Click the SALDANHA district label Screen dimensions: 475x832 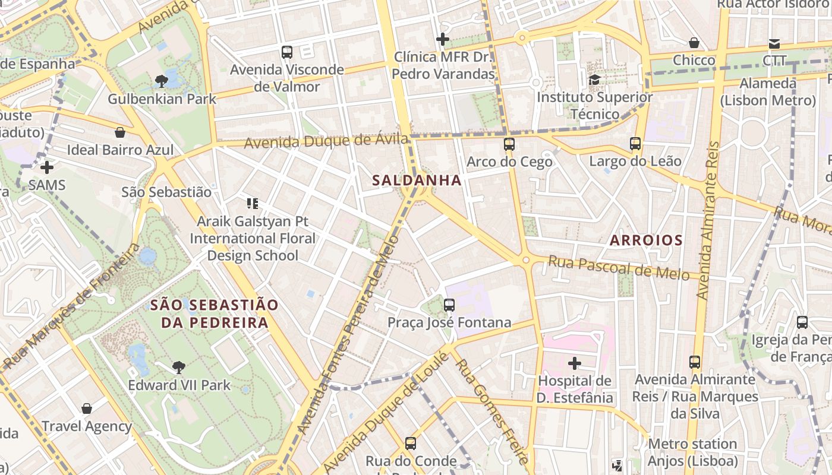(x=417, y=180)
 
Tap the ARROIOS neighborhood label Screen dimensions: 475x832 (x=646, y=240)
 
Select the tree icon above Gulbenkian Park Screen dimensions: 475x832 (x=161, y=81)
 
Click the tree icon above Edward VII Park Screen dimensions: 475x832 (x=178, y=367)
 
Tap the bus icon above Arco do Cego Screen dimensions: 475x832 (x=509, y=144)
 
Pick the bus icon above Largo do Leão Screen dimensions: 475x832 (x=635, y=143)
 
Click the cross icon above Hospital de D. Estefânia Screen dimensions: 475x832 (x=574, y=363)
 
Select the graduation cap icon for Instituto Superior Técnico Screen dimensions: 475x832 (x=594, y=79)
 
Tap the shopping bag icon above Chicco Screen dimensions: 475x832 (x=694, y=43)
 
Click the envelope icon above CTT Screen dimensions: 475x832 (x=774, y=43)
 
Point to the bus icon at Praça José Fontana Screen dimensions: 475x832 (x=449, y=305)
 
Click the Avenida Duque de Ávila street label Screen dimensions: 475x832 (x=326, y=141)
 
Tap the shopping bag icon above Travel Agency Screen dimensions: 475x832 (x=87, y=408)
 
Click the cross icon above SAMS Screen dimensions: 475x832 (x=46, y=167)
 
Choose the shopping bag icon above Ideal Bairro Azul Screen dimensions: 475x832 (x=120, y=132)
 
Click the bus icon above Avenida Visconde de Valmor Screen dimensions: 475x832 (x=287, y=52)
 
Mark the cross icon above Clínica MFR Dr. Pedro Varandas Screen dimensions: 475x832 (x=442, y=40)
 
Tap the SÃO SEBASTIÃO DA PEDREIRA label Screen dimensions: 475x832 (x=214, y=314)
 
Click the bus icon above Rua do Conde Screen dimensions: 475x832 (x=411, y=443)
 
